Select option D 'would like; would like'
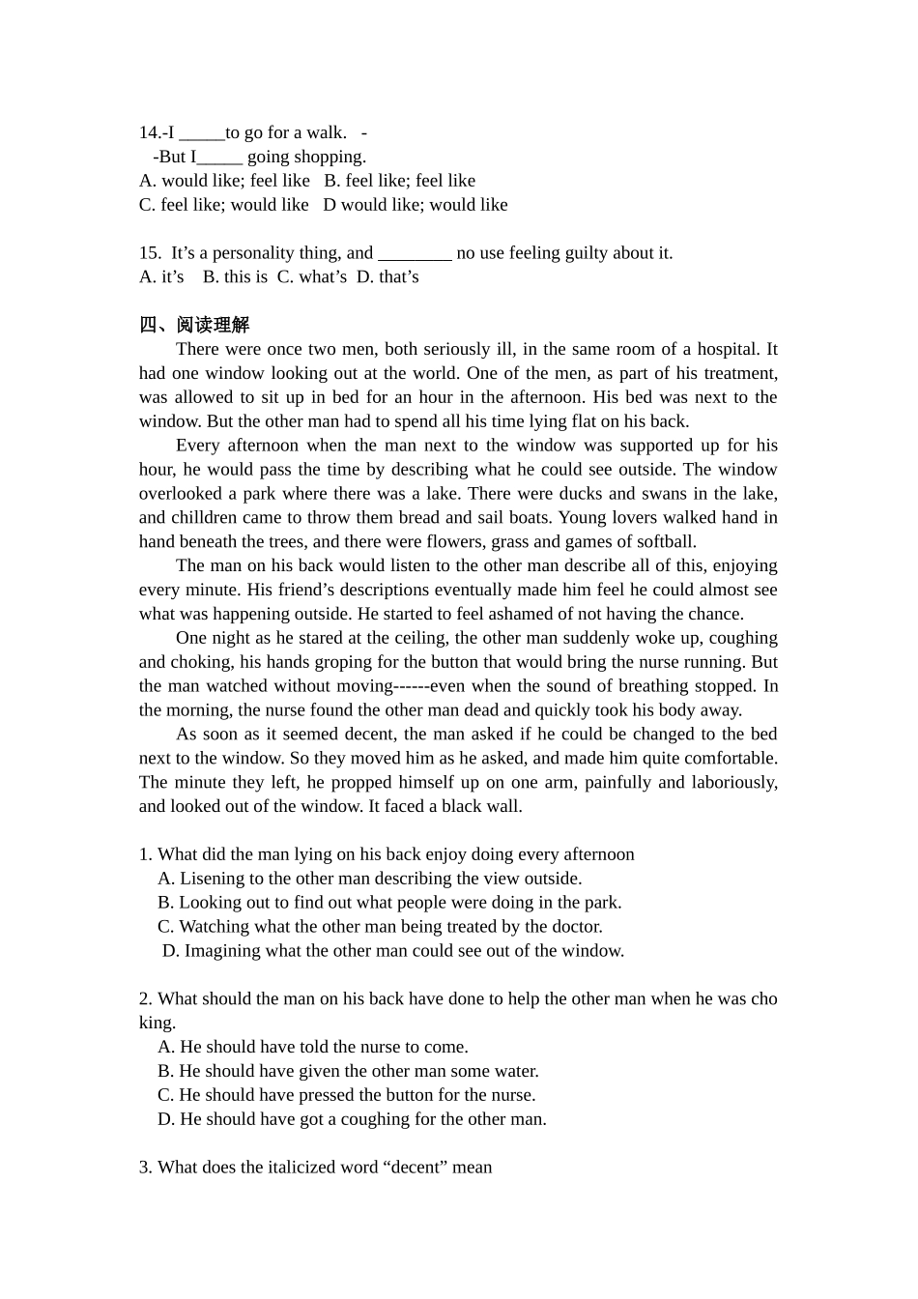click(415, 205)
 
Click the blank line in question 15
click(415, 254)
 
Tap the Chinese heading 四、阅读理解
click(193, 326)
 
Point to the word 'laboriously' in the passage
click(733, 782)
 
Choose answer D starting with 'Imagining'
click(393, 951)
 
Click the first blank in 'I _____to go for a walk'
click(202, 133)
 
